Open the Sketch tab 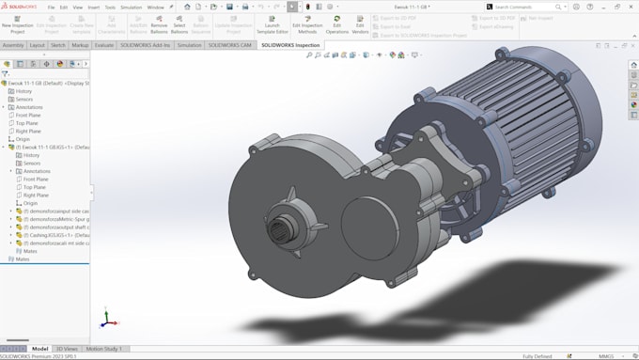(58, 45)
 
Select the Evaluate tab (104, 45)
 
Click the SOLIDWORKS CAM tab (230, 45)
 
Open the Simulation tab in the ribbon (190, 45)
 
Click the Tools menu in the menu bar (110, 7)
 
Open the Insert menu (94, 7)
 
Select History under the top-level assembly (23, 91)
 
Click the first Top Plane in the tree (27, 123)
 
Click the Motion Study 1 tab (104, 349)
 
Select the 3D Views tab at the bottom (67, 349)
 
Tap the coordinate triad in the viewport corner (106, 319)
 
